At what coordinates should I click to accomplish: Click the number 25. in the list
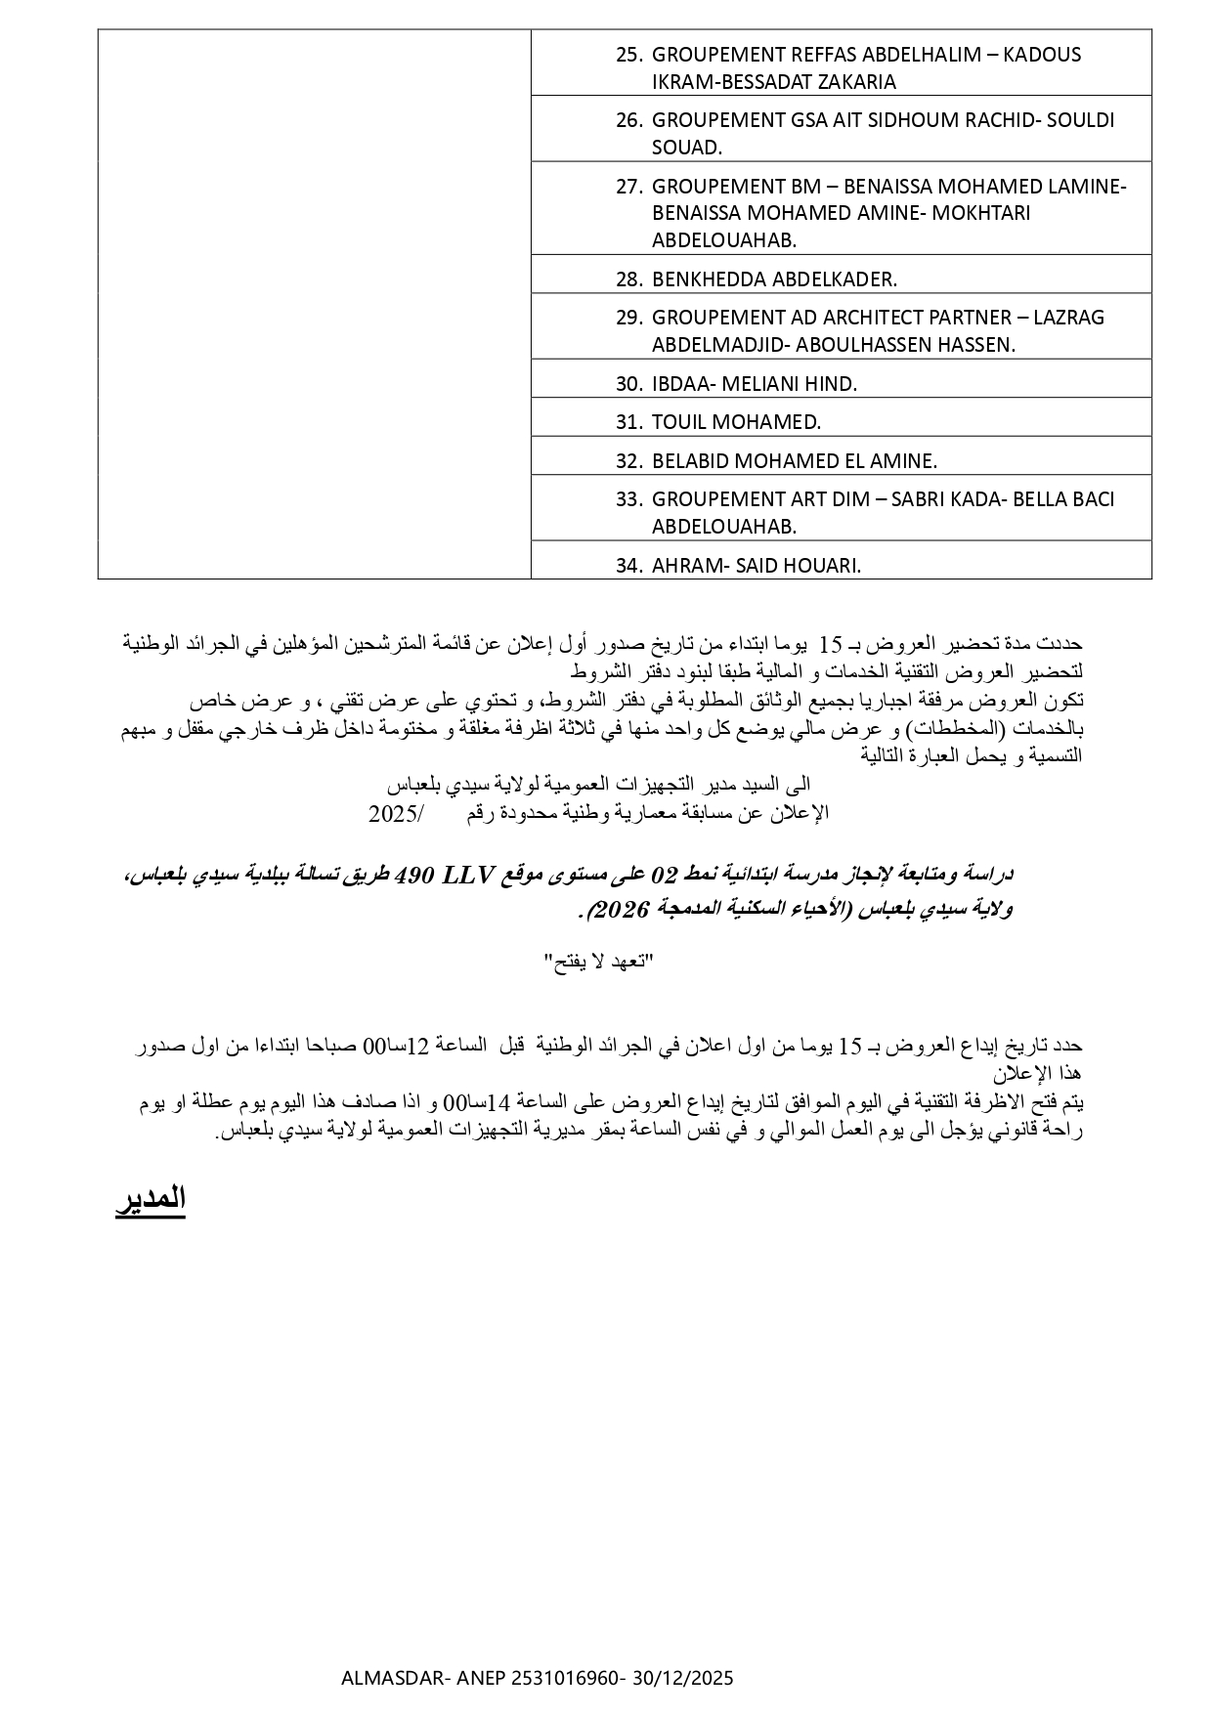[628, 55]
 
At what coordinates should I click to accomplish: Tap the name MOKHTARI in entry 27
[980, 213]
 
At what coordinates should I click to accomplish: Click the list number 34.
[628, 566]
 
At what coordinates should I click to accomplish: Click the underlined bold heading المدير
[151, 1198]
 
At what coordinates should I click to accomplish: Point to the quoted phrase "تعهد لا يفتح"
[597, 963]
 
